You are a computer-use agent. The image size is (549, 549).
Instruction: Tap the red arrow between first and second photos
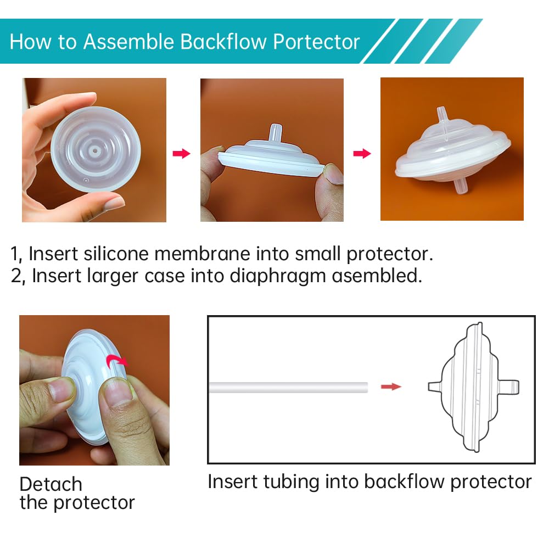[x=182, y=153]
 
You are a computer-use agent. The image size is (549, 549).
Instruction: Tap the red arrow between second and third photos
[x=362, y=153]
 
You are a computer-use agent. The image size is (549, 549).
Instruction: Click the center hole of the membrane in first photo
[x=96, y=149]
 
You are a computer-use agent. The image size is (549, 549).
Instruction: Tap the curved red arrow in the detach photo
[x=116, y=360]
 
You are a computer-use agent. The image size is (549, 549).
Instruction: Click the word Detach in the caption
[x=51, y=484]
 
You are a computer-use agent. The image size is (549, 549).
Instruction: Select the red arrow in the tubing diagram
[x=391, y=387]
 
